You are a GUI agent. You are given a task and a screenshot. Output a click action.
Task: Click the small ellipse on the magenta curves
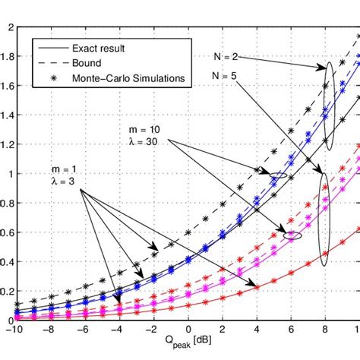(x=292, y=235)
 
